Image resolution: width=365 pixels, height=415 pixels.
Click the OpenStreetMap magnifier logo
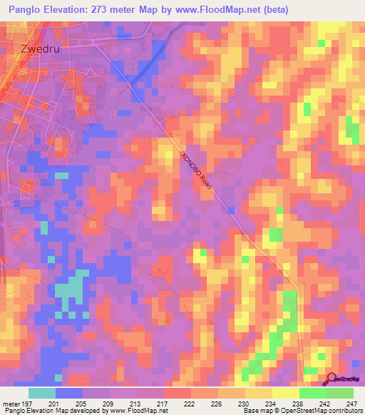click(x=331, y=379)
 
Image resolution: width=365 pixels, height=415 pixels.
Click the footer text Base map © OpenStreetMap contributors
click(x=303, y=411)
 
